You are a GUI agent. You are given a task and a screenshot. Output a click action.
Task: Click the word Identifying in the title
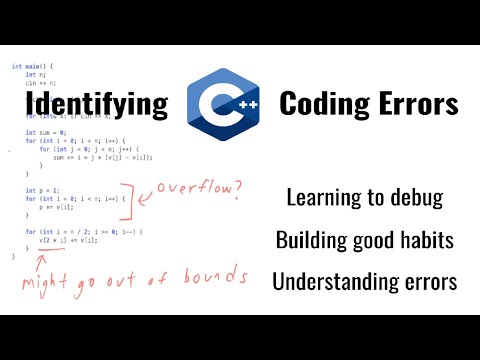(96, 104)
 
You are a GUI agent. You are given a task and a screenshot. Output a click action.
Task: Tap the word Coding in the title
(321, 104)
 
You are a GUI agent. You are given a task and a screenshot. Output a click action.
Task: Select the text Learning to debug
(364, 198)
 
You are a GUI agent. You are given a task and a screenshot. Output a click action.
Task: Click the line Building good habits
(364, 240)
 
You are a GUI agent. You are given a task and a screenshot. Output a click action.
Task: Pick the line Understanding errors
(364, 282)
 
